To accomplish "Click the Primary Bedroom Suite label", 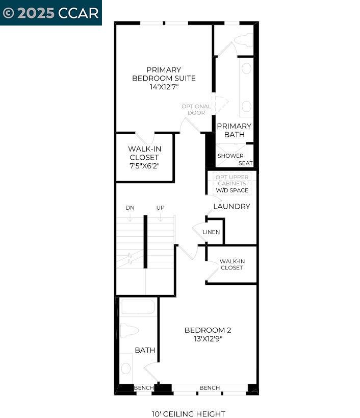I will (x=164, y=74).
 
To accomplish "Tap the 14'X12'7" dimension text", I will (x=164, y=87).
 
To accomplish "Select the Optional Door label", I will (x=196, y=109).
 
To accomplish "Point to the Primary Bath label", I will (x=234, y=130).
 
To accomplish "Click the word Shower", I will (x=230, y=156).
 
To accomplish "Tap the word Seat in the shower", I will (x=246, y=163).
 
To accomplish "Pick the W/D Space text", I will (x=232, y=190).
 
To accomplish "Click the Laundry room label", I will (x=232, y=207).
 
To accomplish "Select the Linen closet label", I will (x=211, y=232).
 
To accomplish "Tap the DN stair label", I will (x=130, y=208).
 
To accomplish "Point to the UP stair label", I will (x=160, y=208).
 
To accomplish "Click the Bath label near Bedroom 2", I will (x=145, y=350).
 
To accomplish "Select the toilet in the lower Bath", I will (x=128, y=330).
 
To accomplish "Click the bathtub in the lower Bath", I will (x=138, y=308).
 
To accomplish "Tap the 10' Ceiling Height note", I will (x=188, y=414).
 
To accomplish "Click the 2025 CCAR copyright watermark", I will (x=50, y=13).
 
